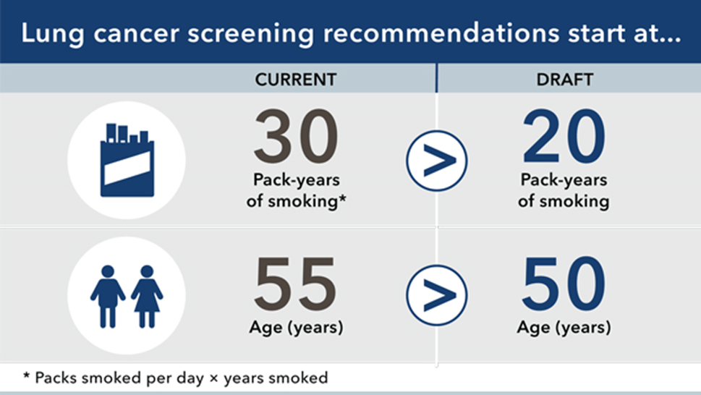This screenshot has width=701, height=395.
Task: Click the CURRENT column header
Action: pos(295,80)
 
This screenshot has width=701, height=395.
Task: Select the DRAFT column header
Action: pos(565,80)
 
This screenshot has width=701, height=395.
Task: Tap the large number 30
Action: pos(296,137)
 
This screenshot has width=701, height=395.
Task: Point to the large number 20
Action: pos(564,137)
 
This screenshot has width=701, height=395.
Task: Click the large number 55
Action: pos(295,284)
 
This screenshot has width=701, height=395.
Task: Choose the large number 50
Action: pos(564,284)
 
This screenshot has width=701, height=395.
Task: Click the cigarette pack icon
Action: pos(127,160)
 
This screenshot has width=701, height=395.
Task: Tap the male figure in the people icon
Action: pos(108,297)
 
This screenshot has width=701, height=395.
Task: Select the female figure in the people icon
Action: pos(147,297)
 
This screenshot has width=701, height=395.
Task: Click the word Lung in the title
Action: pos(52,34)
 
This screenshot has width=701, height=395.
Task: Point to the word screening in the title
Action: pos(251,34)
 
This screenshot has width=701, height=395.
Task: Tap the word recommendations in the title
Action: pos(441,33)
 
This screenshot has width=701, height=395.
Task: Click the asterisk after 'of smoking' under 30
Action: pos(342,198)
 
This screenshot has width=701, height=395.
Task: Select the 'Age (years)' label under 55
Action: pos(296,328)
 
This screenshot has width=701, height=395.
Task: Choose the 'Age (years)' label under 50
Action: pos(564,328)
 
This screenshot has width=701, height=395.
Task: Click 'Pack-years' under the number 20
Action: pos(564,179)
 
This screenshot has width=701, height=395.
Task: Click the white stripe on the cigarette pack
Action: pos(127,168)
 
